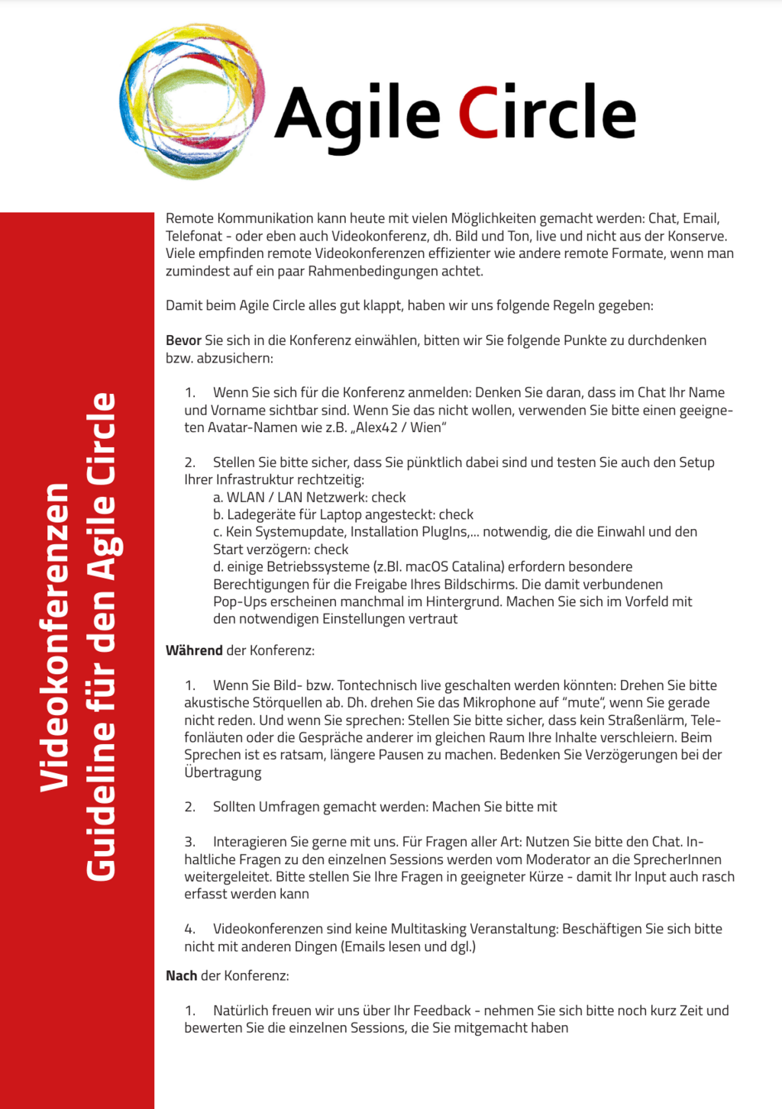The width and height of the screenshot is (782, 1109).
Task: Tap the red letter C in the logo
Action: [x=478, y=113]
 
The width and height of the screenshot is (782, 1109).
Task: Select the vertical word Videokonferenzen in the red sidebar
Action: [x=55, y=637]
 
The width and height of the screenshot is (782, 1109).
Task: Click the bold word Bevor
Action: [x=183, y=340]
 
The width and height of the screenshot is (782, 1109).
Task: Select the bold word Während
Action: [x=194, y=650]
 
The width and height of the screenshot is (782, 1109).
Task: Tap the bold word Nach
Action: [x=181, y=975]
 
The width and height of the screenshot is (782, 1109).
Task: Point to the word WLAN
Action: [x=244, y=497]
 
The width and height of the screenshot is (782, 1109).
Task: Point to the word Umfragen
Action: [x=289, y=807]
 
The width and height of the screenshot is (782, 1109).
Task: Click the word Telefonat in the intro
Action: [x=194, y=236]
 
